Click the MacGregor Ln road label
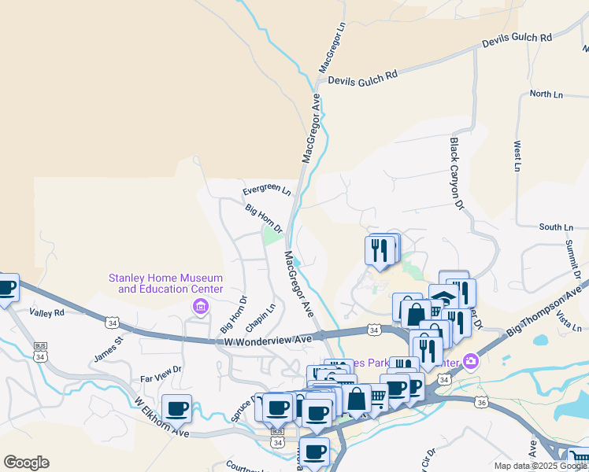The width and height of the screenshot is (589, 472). (x=332, y=48)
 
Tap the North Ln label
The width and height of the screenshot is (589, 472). (x=546, y=94)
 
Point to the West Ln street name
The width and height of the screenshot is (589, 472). (x=517, y=156)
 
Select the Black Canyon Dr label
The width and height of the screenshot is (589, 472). (x=454, y=175)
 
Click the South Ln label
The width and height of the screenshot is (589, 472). (x=556, y=227)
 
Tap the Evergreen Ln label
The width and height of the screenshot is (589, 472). (x=266, y=190)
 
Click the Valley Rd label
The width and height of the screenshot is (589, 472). (x=46, y=312)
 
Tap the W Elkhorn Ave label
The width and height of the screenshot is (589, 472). (x=161, y=418)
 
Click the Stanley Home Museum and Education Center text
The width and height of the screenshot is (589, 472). (x=165, y=283)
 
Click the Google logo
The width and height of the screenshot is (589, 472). (x=26, y=463)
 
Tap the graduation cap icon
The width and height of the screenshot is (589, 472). (x=444, y=297)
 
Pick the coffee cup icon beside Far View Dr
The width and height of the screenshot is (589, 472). (x=178, y=408)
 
